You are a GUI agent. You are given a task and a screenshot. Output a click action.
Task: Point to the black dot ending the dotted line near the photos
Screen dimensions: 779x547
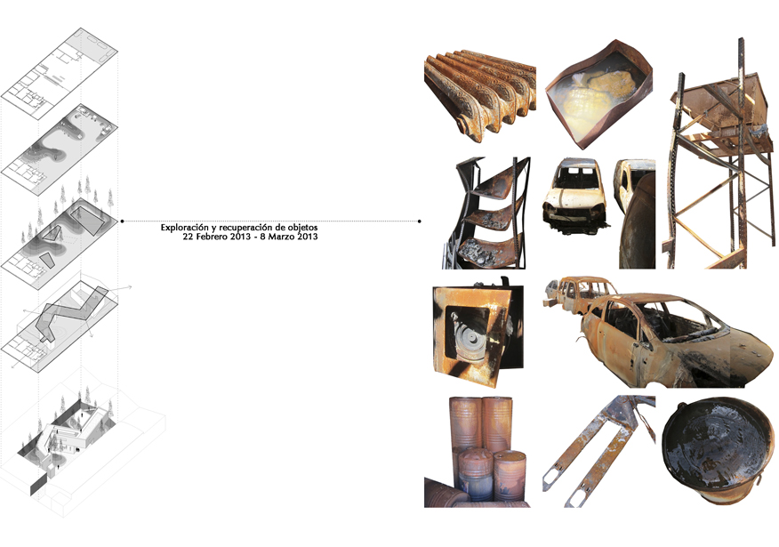point(420,221)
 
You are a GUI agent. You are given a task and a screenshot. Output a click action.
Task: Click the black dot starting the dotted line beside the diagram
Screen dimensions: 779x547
point(122,221)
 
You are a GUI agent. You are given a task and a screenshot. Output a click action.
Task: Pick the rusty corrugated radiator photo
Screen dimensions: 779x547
point(480,95)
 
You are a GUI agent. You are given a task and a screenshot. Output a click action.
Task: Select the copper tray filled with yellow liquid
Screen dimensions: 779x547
point(598,94)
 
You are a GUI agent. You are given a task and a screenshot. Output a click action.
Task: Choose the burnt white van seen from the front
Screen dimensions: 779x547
point(574,197)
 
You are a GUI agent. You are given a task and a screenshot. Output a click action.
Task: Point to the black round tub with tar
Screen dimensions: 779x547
point(718,450)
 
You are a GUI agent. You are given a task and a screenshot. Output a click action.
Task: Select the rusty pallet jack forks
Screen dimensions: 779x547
point(598,451)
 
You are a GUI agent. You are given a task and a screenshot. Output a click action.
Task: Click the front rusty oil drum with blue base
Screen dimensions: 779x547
point(476,474)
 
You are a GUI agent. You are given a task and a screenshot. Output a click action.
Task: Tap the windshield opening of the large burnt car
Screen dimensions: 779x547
point(681,323)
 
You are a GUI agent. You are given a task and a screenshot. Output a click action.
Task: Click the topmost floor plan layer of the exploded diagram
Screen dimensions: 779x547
point(59,74)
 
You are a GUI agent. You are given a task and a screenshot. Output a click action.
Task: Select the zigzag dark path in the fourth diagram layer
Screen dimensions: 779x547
point(74,313)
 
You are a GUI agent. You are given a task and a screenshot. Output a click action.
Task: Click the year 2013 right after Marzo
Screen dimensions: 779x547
point(308,237)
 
